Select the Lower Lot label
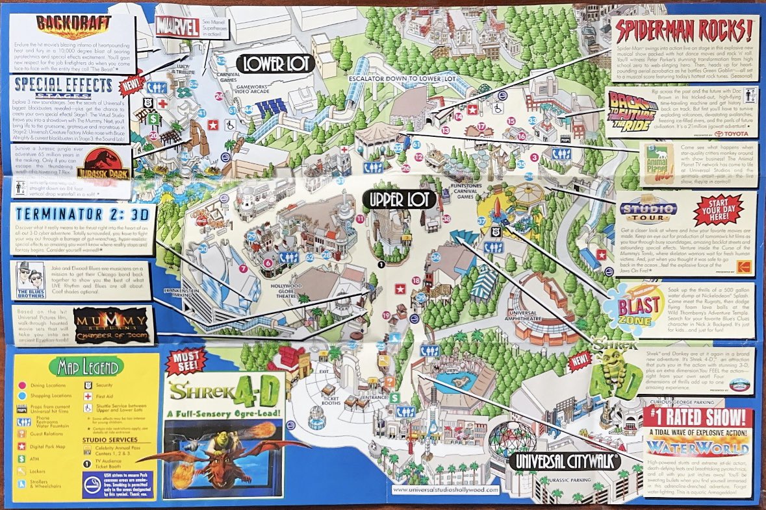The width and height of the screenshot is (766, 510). click(275, 63)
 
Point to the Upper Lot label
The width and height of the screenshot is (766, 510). click(398, 200)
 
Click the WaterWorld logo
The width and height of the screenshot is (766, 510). click(696, 446)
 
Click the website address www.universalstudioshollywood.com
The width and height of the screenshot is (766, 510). click(445, 491)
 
